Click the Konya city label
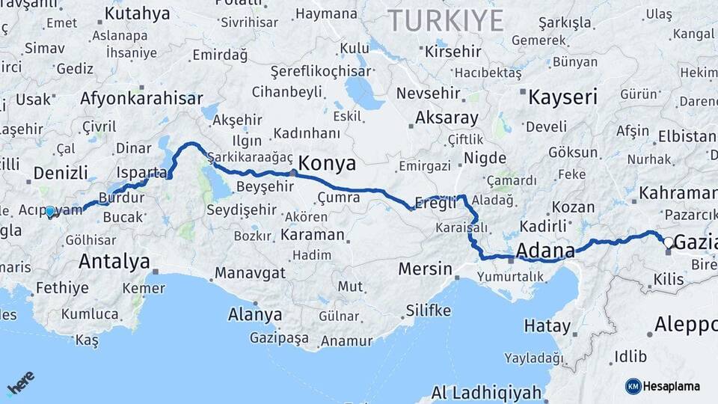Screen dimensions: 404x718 coord(328,163)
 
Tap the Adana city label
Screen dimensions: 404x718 coord(545,250)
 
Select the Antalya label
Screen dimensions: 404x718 coord(114,262)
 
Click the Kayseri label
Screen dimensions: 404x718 coord(563,97)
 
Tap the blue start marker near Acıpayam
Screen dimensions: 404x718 coord(50,212)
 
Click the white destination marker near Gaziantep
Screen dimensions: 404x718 coord(669,242)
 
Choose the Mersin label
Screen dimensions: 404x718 coord(425,269)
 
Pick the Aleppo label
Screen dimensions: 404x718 coord(685,324)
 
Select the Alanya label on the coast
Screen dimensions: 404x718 coord(255,314)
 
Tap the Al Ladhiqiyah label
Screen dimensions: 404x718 coord(486,392)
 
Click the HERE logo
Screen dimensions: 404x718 coord(21,382)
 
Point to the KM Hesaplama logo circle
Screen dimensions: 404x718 coord(633,386)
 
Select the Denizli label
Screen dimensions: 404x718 coord(61,174)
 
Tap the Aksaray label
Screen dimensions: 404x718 coord(447,117)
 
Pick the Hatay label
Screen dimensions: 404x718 coord(547,326)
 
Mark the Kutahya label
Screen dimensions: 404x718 coord(137,13)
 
